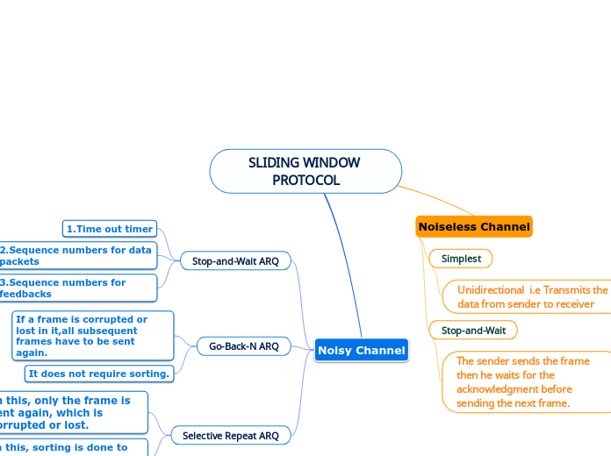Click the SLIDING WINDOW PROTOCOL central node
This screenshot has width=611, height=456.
pyautogui.click(x=305, y=171)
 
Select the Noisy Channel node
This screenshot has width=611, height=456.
pyautogui.click(x=362, y=350)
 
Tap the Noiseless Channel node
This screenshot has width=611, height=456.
pyautogui.click(x=474, y=226)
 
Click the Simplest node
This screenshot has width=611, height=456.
pyautogui.click(x=461, y=259)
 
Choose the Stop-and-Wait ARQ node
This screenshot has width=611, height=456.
pyautogui.click(x=234, y=260)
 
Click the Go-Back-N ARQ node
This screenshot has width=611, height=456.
pyautogui.click(x=243, y=346)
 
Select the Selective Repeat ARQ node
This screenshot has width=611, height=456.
pyautogui.click(x=231, y=435)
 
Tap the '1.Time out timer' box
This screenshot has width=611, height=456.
pyautogui.click(x=110, y=229)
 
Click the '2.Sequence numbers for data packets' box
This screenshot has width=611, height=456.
pyautogui.click(x=77, y=255)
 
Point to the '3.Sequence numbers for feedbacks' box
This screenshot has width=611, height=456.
pyautogui.click(x=77, y=288)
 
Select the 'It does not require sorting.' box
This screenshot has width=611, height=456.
pyautogui.click(x=98, y=374)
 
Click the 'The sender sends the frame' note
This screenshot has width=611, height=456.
pyautogui.click(x=523, y=381)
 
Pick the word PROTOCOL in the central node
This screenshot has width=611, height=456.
pyautogui.click(x=305, y=181)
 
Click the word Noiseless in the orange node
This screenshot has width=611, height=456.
pyautogui.click(x=447, y=226)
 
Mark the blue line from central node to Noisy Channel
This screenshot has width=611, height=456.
pyautogui.click(x=344, y=263)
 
